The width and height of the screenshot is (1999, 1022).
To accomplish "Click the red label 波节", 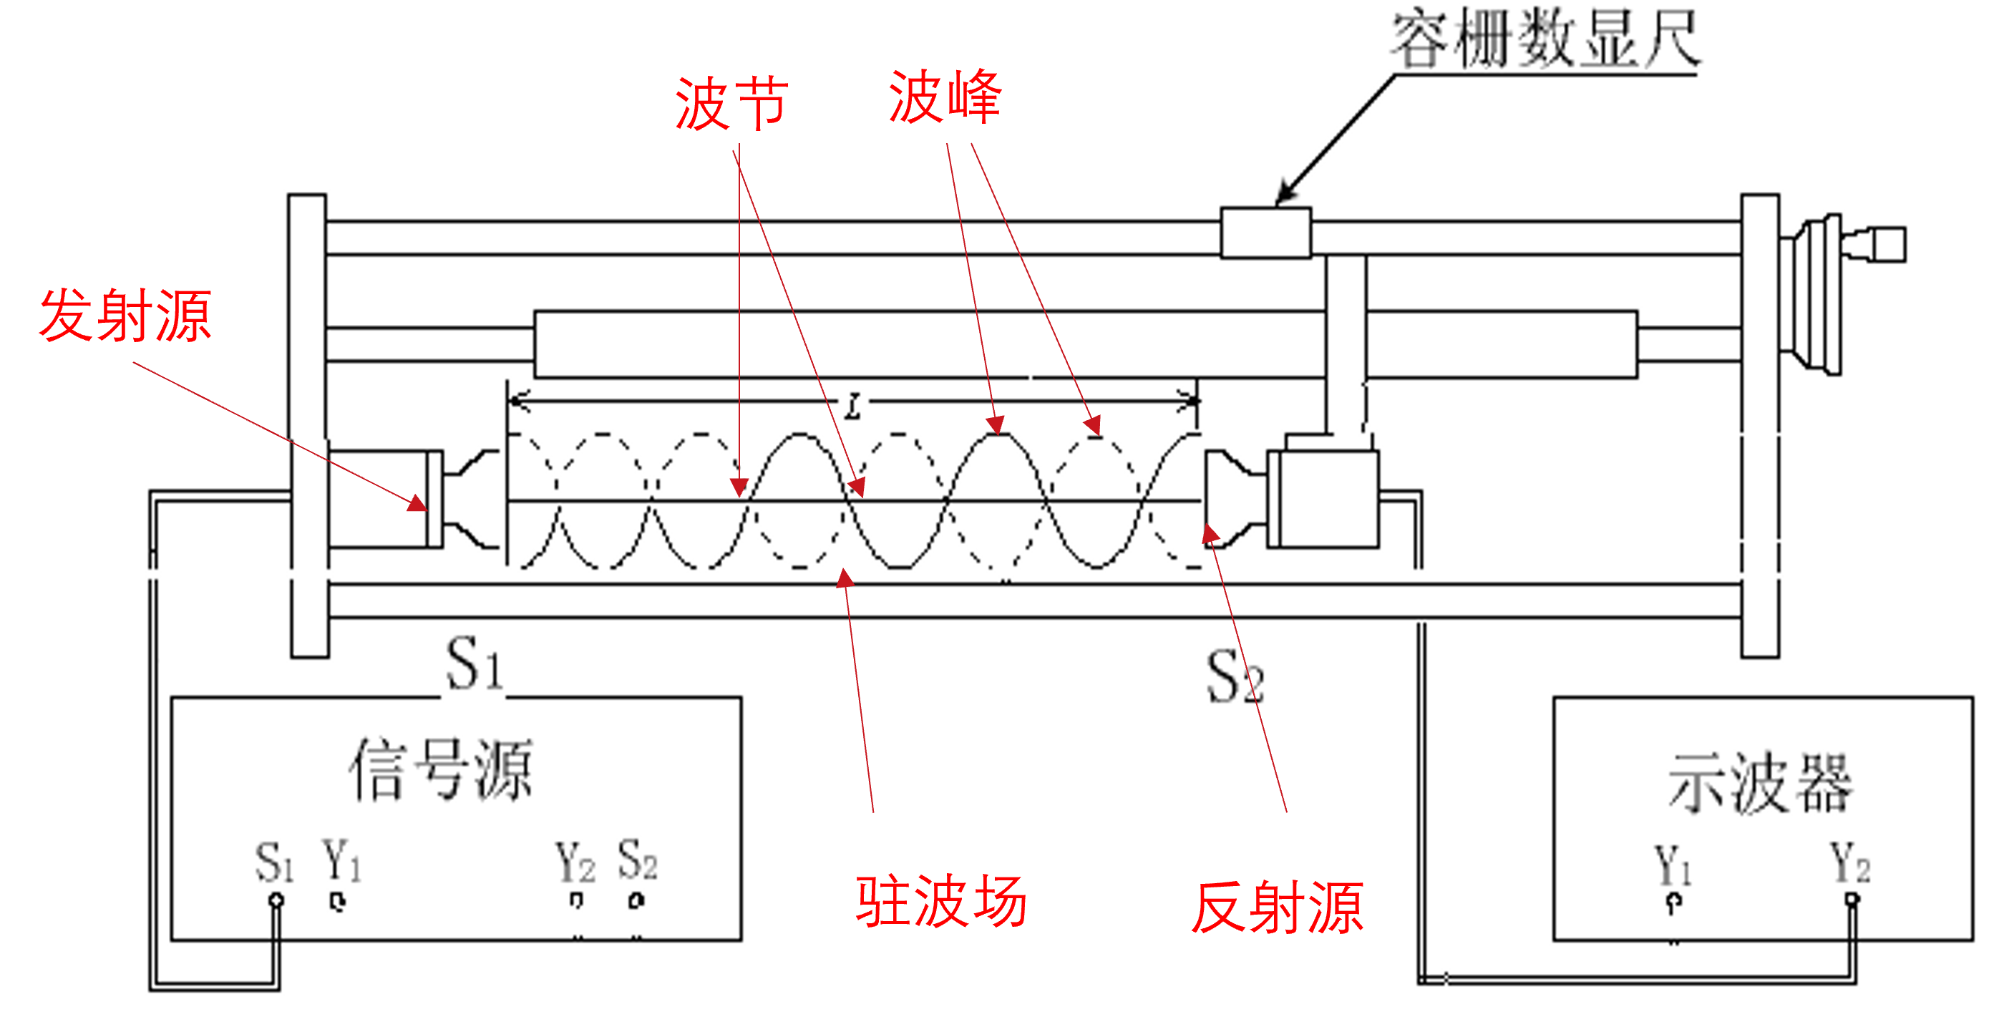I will point(731,104).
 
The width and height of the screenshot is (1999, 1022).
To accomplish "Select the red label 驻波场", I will point(941,901).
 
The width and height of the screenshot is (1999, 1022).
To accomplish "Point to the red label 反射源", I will point(1278,907).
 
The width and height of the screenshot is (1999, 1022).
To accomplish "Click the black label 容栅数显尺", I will point(1545,40).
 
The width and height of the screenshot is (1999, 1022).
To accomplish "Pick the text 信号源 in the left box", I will point(441,769).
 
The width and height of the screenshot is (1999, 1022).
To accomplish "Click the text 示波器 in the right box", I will point(1761,784).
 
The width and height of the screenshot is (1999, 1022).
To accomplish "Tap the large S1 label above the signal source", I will point(473,664).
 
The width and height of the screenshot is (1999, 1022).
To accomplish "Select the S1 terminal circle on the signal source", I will point(276,900).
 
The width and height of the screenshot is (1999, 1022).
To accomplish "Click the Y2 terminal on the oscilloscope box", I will point(1852,900).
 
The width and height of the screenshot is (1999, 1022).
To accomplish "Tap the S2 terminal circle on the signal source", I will point(636,901).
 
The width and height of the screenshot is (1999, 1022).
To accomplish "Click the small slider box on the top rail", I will point(1265,233).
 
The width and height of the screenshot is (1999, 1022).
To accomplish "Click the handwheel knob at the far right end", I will point(1886,245).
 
